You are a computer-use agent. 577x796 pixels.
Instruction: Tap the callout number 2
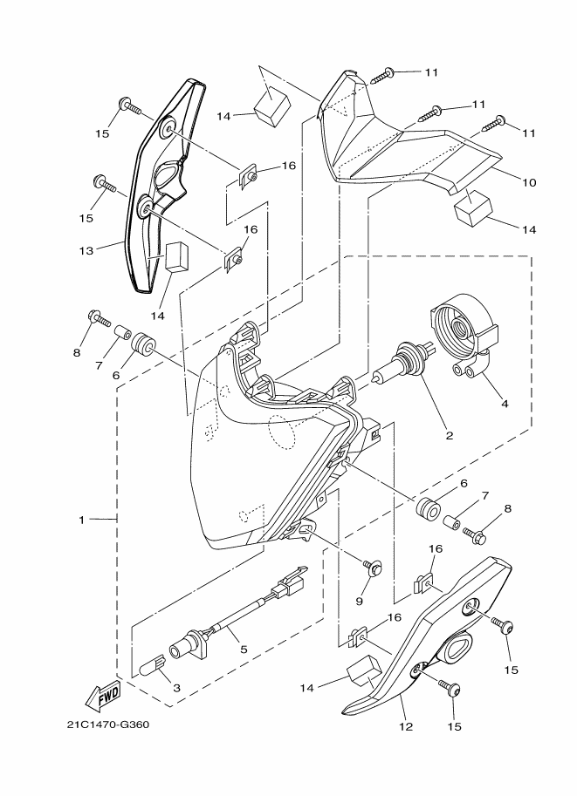[x=448, y=434]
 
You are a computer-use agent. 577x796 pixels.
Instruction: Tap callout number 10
[x=529, y=182]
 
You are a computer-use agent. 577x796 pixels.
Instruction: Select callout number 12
[x=403, y=725]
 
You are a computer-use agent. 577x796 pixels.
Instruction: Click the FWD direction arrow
[x=103, y=696]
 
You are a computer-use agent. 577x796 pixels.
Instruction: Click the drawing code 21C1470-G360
[x=101, y=725]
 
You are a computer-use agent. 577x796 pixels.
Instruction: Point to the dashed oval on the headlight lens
[x=286, y=432]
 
